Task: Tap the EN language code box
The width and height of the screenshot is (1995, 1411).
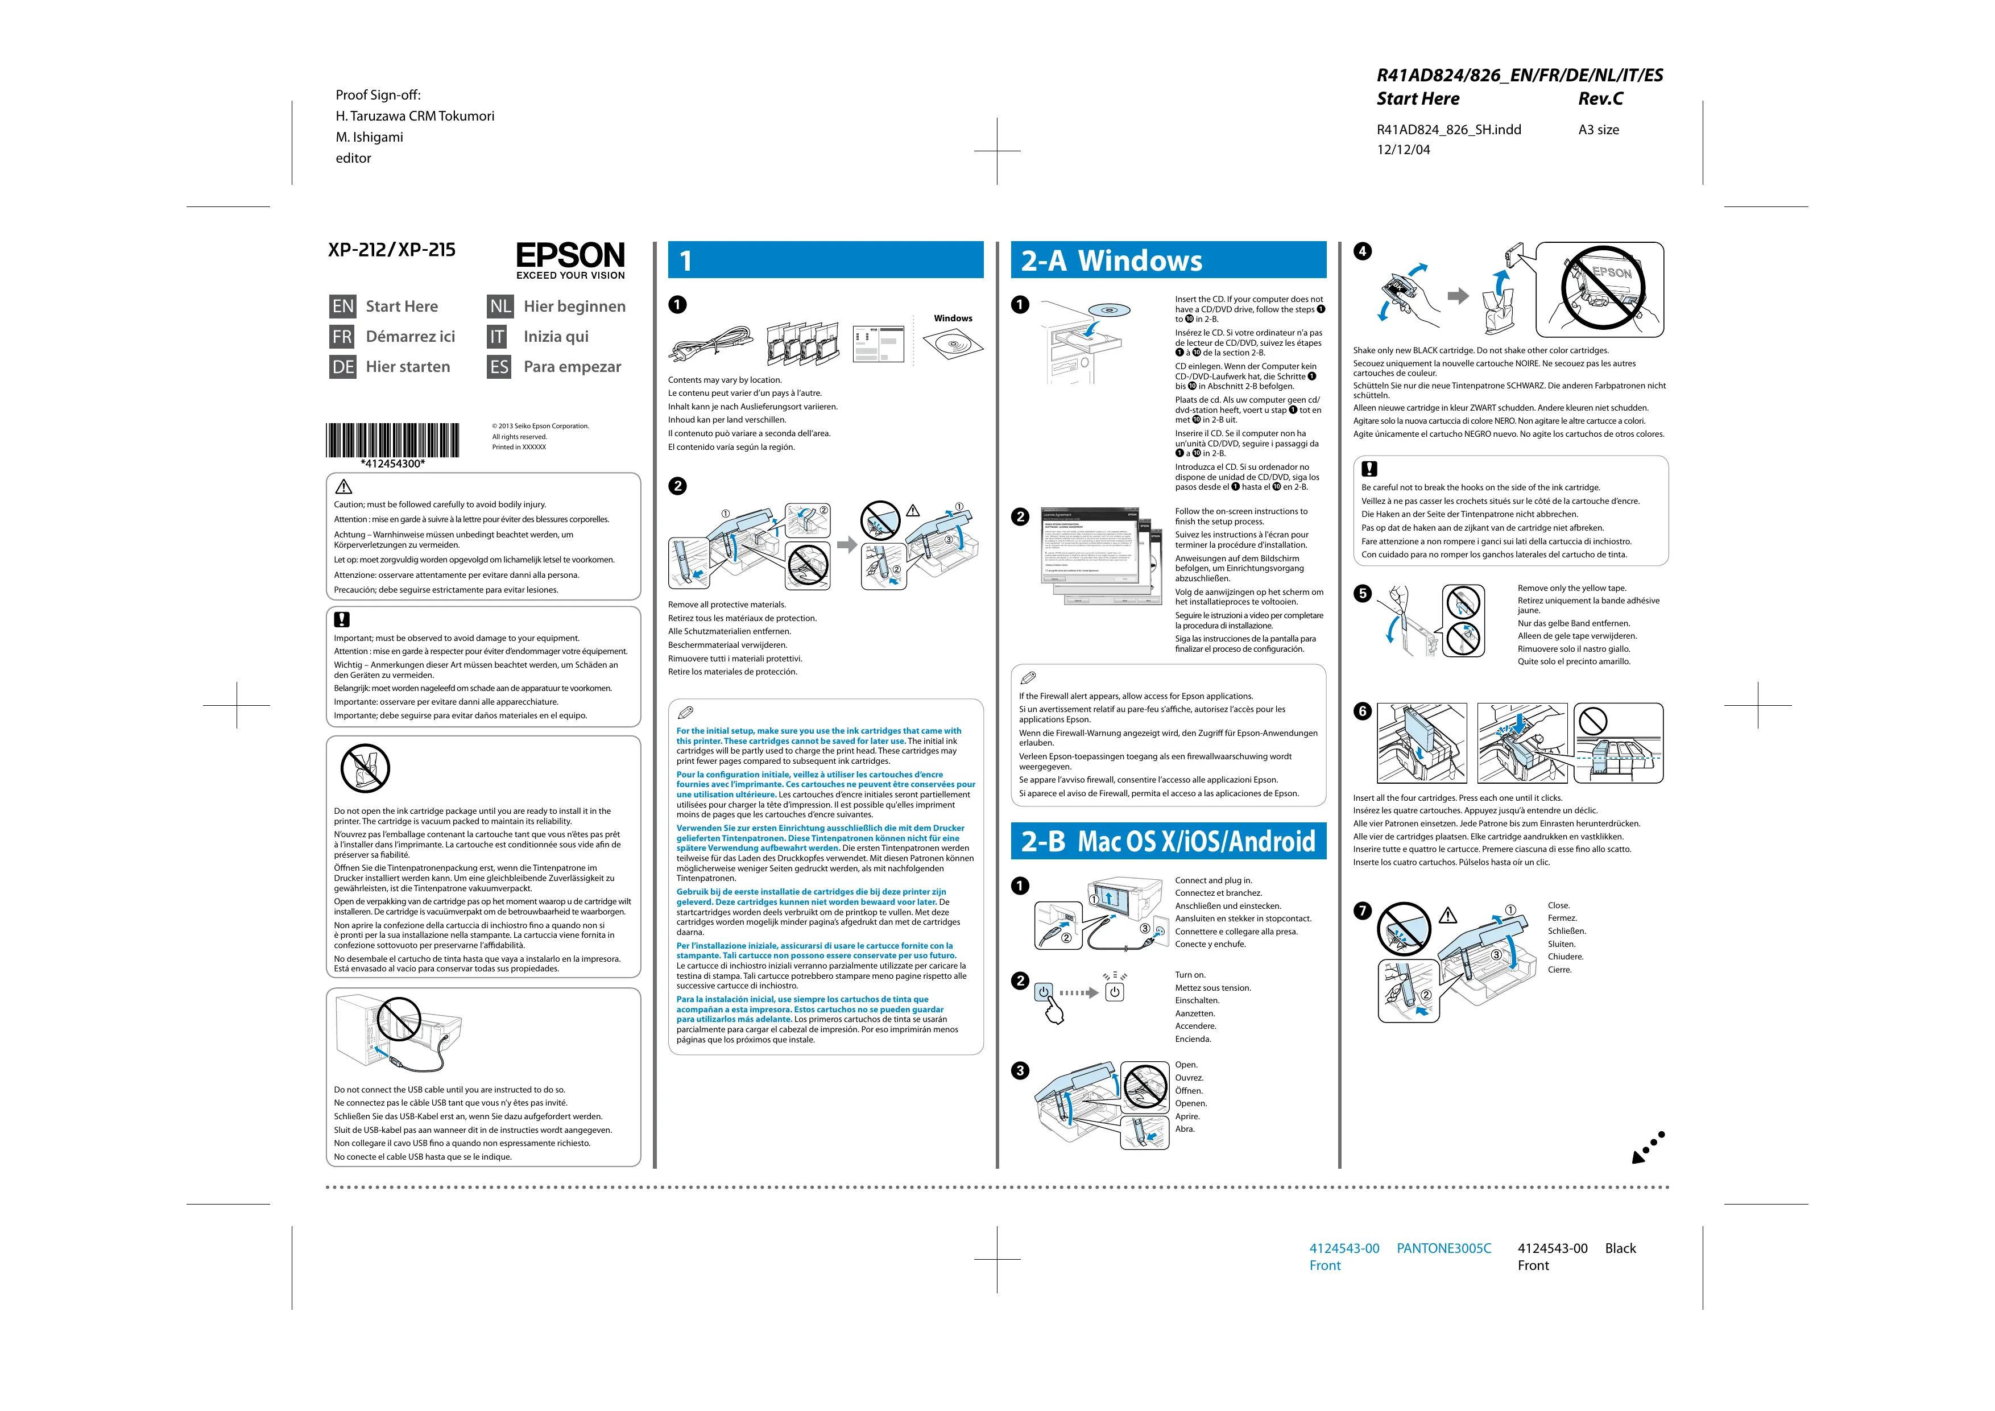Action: click(343, 307)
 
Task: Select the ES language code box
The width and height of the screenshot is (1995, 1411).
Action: click(500, 367)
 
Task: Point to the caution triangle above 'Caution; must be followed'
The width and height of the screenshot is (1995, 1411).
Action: click(344, 487)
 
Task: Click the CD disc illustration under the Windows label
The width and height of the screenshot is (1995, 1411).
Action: click(953, 346)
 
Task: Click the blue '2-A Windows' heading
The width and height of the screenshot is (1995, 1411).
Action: click(1168, 260)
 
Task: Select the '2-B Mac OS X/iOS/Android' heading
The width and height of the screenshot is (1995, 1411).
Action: click(1168, 841)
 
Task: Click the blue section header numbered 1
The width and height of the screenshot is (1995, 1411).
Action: click(825, 260)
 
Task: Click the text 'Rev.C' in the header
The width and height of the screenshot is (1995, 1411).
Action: click(1600, 99)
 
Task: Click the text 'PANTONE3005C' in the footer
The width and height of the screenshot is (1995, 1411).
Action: click(1443, 1248)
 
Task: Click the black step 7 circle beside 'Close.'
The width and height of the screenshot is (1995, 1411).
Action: click(1363, 911)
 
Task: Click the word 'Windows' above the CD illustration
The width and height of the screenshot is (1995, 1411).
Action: click(953, 318)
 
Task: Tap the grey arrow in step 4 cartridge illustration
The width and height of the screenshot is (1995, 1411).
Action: click(1457, 296)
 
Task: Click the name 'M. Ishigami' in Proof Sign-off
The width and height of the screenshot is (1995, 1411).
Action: click(369, 137)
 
